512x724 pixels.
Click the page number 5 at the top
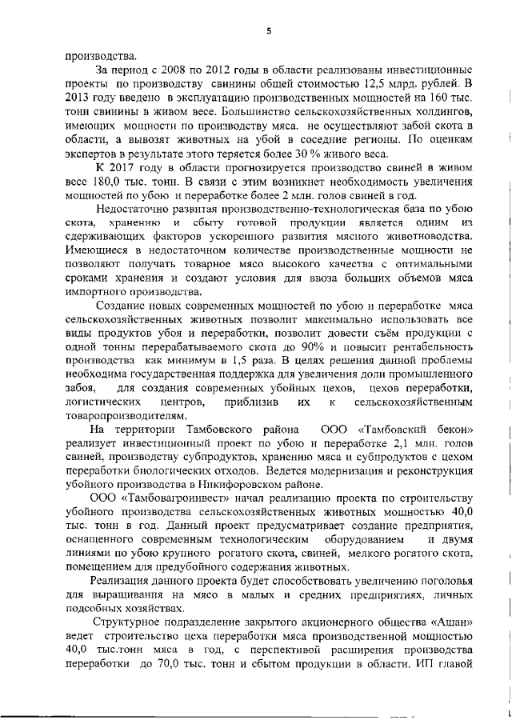pyautogui.click(x=269, y=30)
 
